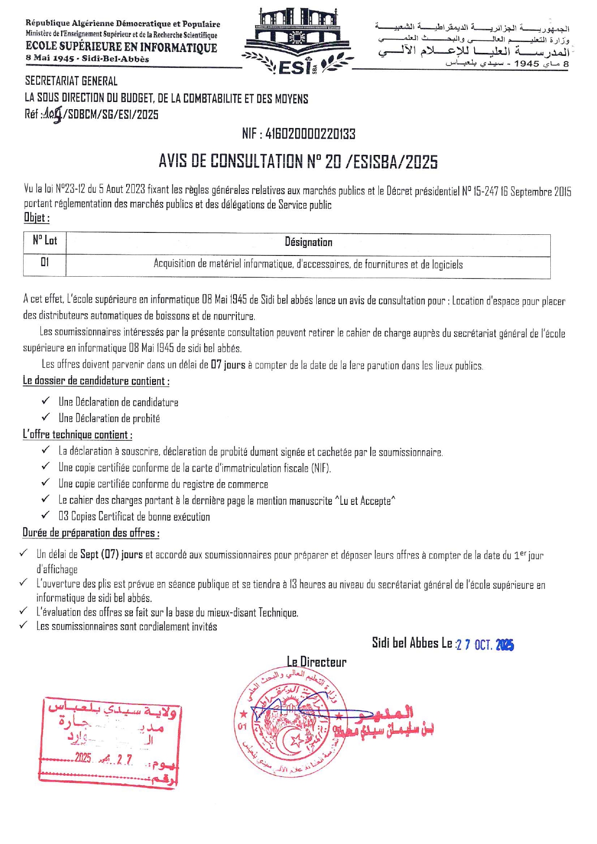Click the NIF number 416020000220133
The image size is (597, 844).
point(298,134)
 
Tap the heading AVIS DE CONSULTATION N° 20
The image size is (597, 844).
point(298,162)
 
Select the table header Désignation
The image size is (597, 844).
point(308,242)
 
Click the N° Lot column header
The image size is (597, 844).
point(45,241)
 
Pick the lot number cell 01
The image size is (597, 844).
point(45,263)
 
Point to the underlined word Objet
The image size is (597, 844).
point(37,217)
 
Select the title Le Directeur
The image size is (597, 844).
point(317,662)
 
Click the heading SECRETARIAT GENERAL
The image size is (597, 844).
point(71,81)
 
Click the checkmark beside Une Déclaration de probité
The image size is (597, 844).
point(46,417)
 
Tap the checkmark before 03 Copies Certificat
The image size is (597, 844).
point(46,515)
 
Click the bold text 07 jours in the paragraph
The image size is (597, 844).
point(228,365)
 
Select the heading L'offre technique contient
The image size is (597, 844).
point(78,435)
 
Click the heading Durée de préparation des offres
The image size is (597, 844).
point(91,533)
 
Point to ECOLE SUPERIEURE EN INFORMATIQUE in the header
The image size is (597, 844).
point(121,47)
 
